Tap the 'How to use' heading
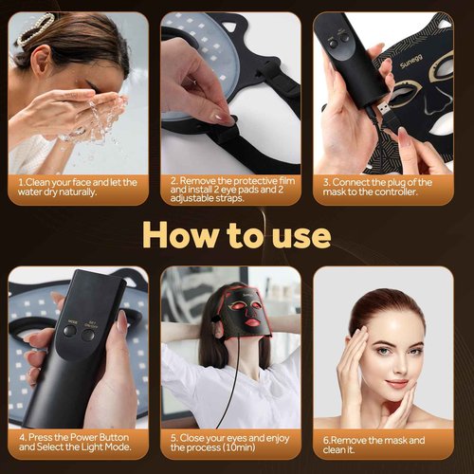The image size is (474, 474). coord(236,232)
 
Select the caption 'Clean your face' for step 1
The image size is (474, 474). coord(78,187)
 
